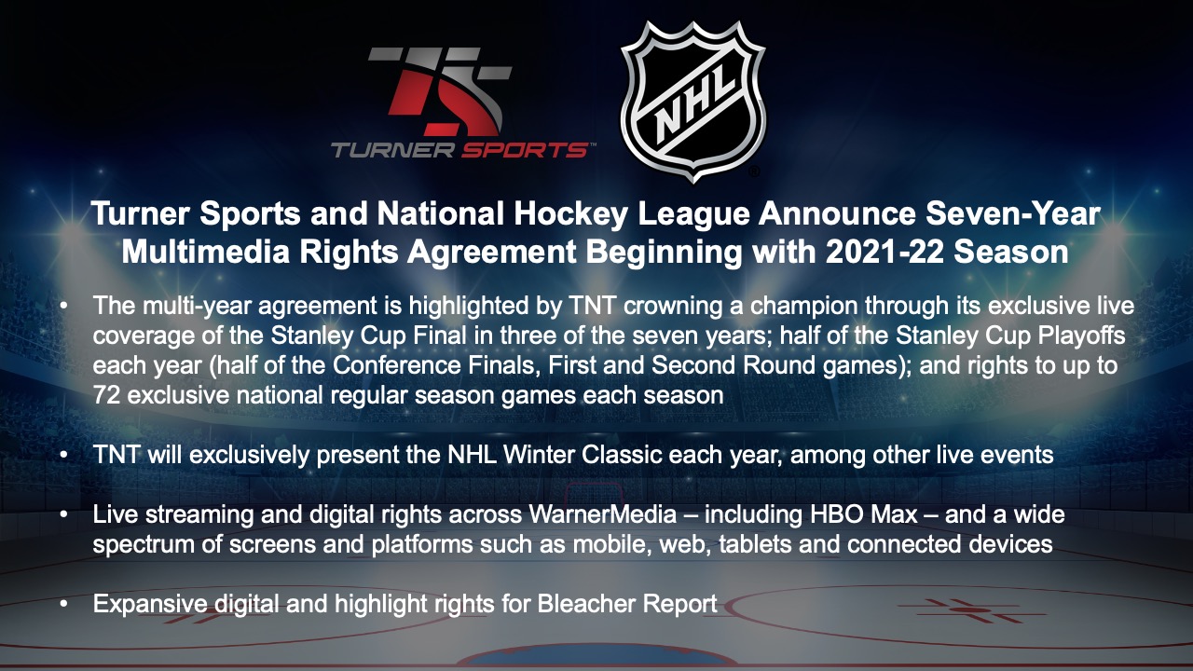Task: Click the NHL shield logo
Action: point(692,102)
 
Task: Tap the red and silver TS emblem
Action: point(440,91)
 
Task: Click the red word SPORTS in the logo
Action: point(525,150)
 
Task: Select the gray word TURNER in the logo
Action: point(393,150)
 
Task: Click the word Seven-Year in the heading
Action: point(1013,214)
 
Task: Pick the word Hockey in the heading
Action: point(570,214)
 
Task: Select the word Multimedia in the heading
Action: point(206,252)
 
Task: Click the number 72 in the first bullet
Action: point(106,395)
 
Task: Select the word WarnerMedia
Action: point(602,514)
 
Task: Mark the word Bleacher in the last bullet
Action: point(586,604)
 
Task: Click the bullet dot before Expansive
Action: point(64,604)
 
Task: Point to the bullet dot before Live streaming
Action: point(64,514)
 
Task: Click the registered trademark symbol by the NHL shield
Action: point(754,171)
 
